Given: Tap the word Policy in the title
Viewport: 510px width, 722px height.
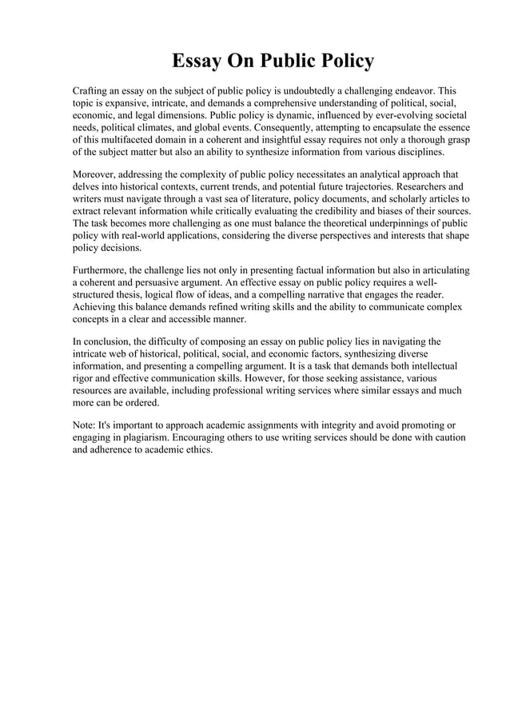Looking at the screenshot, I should point(343,62).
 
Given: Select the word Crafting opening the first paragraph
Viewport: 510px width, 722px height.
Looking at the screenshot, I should point(94,90).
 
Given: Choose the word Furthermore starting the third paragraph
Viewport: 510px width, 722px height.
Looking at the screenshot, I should point(103,270).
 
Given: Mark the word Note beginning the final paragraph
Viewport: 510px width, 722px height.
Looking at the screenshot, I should point(83,426).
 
